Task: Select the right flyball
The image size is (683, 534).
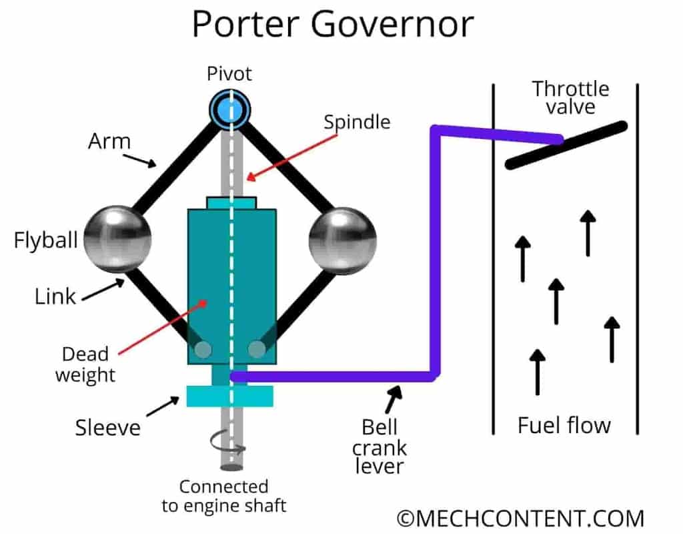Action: pyautogui.click(x=343, y=240)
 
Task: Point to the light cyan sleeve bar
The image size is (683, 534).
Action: pyautogui.click(x=229, y=396)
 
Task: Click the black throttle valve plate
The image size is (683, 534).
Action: pyautogui.click(x=566, y=146)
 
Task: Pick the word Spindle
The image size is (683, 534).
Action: pyautogui.click(x=357, y=122)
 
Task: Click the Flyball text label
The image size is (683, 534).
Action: pyautogui.click(x=45, y=240)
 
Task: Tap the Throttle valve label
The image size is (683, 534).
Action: pyautogui.click(x=570, y=97)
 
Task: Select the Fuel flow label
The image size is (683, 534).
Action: pyautogui.click(x=564, y=425)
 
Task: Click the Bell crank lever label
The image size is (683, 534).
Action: pyautogui.click(x=384, y=446)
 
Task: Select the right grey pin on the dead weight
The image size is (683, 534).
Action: pyautogui.click(x=256, y=349)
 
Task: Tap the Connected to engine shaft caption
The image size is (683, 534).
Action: pyautogui.click(x=223, y=496)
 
